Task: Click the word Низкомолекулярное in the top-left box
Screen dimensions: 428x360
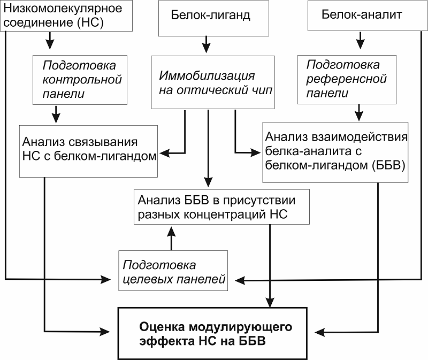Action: click(63, 9)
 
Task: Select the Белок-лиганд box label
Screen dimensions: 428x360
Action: click(210, 15)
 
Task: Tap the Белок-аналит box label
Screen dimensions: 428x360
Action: click(362, 14)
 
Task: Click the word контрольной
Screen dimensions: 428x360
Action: click(82, 79)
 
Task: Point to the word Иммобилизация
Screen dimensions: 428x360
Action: click(207, 75)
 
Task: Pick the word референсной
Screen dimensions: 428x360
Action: click(346, 79)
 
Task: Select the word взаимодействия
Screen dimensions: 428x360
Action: click(360, 137)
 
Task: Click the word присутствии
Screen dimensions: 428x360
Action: click(259, 201)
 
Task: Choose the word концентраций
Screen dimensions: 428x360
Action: click(225, 215)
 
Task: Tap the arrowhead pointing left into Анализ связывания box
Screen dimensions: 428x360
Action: click(164, 154)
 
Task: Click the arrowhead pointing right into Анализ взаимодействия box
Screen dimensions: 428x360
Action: click(256, 152)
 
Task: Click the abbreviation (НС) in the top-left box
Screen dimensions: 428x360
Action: click(90, 22)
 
